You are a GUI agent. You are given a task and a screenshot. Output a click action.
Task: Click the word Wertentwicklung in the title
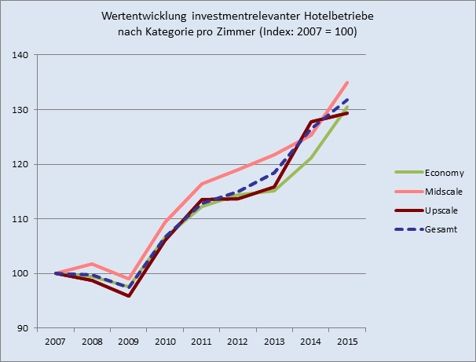144,16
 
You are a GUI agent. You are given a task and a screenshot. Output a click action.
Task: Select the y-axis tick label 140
20,55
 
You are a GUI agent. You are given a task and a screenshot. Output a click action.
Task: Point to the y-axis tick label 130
20,110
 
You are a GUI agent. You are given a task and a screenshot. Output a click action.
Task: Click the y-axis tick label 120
20,164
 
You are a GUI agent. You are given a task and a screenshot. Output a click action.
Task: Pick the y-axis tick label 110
20,219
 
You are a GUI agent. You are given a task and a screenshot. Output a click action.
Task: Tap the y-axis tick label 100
20,273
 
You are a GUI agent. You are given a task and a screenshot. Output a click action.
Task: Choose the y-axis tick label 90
22,328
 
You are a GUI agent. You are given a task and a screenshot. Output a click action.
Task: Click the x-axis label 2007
56,342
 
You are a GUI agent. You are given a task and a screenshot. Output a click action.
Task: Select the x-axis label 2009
129,342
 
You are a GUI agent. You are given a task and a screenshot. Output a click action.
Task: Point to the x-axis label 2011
202,342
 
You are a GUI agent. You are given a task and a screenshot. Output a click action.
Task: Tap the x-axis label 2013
275,342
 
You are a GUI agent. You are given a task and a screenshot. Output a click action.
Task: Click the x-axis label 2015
348,342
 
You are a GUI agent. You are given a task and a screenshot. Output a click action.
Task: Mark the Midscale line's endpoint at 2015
347,82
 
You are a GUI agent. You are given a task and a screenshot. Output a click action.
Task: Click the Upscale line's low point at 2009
128,295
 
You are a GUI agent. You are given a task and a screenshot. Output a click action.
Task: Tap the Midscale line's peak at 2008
92,264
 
